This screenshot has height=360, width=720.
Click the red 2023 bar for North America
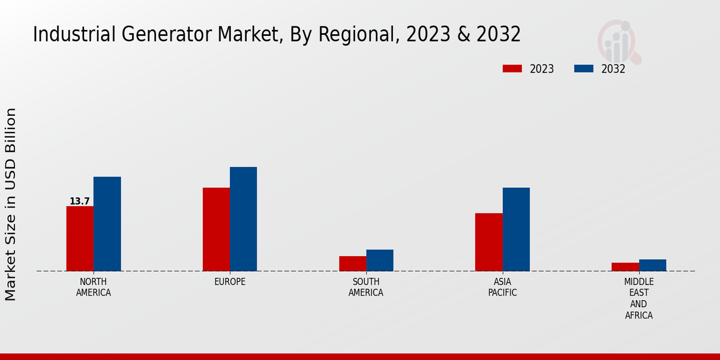[x=80, y=238]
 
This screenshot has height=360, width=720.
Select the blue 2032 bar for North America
[x=107, y=224]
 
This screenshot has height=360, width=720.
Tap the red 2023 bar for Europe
[x=216, y=229]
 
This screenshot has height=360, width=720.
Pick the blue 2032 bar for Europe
[x=243, y=219]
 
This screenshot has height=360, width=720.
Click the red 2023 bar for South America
[x=352, y=263]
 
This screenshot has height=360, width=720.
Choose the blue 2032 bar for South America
[x=380, y=260]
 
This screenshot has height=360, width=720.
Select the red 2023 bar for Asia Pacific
[x=488, y=242]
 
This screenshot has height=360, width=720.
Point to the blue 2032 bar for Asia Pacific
[x=516, y=229]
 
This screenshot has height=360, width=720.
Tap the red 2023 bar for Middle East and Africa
[x=625, y=267]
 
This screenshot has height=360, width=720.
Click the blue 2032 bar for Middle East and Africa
[x=652, y=265]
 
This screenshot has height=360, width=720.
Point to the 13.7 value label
[x=79, y=202]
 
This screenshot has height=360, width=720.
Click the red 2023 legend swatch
[x=512, y=69]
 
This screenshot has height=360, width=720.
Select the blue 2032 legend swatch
[x=583, y=69]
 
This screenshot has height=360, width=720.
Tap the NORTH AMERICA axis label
[x=94, y=287]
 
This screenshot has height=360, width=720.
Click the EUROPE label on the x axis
[x=230, y=282]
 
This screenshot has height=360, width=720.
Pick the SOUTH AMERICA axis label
[x=366, y=287]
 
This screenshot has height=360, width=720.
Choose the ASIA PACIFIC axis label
[x=502, y=287]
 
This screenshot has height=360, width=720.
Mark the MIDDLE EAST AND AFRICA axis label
[x=638, y=298]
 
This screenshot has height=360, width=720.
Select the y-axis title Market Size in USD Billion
[x=11, y=204]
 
